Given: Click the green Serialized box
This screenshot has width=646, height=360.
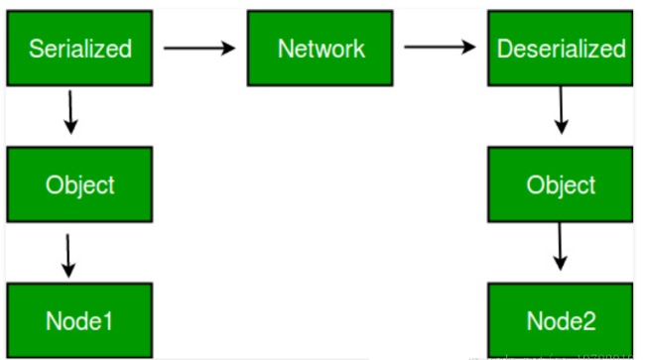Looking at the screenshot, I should (x=78, y=47).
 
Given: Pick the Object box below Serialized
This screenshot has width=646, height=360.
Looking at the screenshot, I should (x=78, y=183).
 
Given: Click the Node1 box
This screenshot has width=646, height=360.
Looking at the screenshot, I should (x=78, y=319).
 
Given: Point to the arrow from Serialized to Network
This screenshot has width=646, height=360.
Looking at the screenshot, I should (x=199, y=47).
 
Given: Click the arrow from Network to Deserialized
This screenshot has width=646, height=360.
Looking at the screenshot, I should (x=440, y=47).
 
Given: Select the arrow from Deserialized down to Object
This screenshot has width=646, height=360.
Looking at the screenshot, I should (x=562, y=111).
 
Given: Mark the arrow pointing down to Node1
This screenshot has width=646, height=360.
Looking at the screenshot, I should (x=67, y=255).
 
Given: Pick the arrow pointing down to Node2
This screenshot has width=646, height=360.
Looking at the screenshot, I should (x=562, y=248).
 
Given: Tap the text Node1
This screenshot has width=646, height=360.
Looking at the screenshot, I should (x=78, y=320).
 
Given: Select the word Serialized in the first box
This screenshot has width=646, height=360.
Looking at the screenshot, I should (x=78, y=49).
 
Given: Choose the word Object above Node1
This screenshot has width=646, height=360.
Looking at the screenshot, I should (x=79, y=185).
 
